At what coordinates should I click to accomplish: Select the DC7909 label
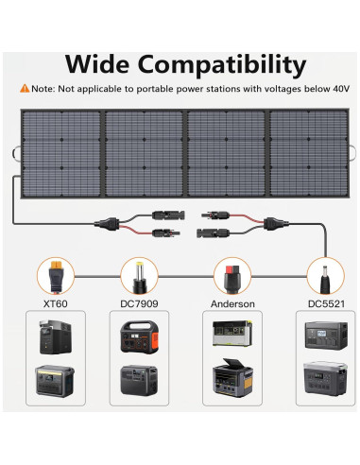coord(140,305)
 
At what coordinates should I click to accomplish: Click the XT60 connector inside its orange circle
coord(54,276)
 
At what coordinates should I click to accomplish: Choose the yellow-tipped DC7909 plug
coord(138,276)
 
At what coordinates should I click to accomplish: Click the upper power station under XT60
coord(55,337)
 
